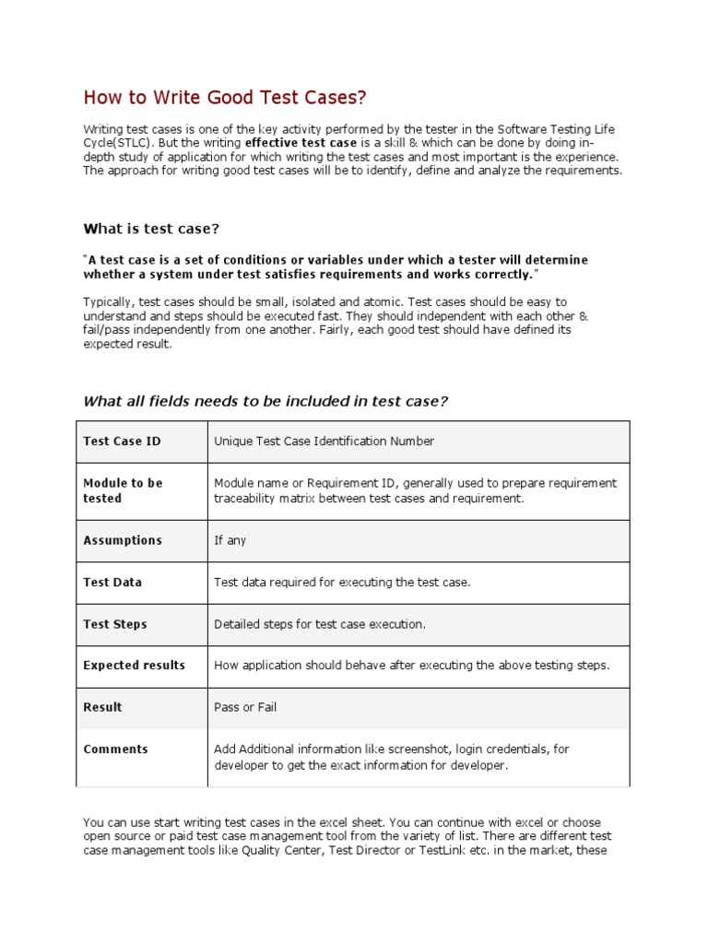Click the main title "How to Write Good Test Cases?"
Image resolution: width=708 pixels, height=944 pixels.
pyautogui.click(x=225, y=97)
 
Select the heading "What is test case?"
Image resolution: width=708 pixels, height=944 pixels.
pyautogui.click(x=152, y=228)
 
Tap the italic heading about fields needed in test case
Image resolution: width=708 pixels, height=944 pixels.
pyautogui.click(x=265, y=400)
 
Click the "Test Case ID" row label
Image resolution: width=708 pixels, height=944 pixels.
pyautogui.click(x=122, y=442)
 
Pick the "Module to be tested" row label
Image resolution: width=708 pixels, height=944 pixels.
pyautogui.click(x=123, y=490)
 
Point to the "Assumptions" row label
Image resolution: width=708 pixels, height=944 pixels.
pyautogui.click(x=123, y=540)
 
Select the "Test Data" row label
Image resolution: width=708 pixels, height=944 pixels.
pyautogui.click(x=112, y=583)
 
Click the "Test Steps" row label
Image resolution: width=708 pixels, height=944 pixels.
pyautogui.click(x=115, y=624)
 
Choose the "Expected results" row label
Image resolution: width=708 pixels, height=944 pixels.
pyautogui.click(x=134, y=666)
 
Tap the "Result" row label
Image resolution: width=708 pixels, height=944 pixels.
pyautogui.click(x=102, y=707)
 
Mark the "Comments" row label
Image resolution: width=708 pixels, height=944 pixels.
pyautogui.click(x=115, y=749)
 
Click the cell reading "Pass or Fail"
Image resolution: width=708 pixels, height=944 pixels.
pyautogui.click(x=245, y=707)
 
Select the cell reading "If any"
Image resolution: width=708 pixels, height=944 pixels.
pyautogui.click(x=230, y=540)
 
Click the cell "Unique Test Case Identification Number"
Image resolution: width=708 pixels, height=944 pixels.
pyautogui.click(x=324, y=442)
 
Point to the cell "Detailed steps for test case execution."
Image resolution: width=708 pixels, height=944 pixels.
pyautogui.click(x=320, y=624)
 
